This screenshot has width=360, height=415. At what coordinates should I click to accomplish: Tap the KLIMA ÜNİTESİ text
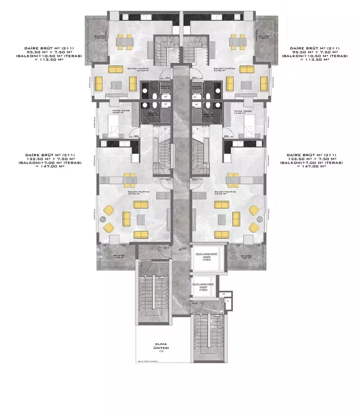pyautogui.click(x=162, y=346)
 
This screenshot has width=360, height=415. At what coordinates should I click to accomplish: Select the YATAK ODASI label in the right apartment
pyautogui.click(x=242, y=112)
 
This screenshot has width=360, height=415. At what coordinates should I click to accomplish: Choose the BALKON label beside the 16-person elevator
pyautogui.click(x=246, y=257)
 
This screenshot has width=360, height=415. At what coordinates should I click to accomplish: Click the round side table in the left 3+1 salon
pyautogui.click(x=104, y=219)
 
